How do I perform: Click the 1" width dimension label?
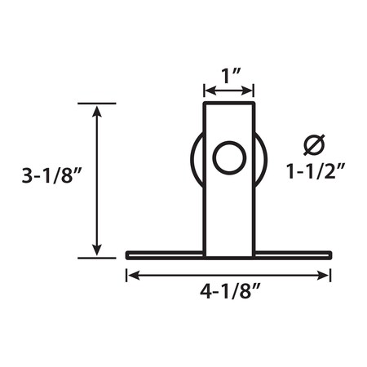click(229, 77)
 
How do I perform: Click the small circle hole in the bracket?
click(229, 157)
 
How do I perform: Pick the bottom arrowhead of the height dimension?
click(97, 250)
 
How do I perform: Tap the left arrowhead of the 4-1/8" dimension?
click(132, 276)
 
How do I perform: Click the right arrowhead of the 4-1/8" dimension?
click(325, 276)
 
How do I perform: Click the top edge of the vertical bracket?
click(229, 104)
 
